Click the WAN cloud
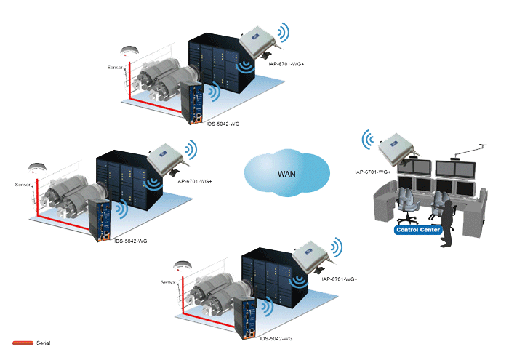click(x=287, y=173)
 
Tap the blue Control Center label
click(x=418, y=230)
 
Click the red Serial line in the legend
click(x=23, y=343)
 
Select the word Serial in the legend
click(x=44, y=343)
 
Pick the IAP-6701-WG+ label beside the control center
click(x=372, y=172)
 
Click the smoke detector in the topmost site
click(x=129, y=51)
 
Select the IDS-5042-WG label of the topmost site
click(x=223, y=124)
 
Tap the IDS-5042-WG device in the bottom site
click(x=249, y=318)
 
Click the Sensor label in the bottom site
click(x=168, y=282)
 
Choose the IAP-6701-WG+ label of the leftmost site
click(x=194, y=182)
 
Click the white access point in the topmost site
click(x=258, y=42)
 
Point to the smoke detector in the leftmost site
click(x=37, y=168)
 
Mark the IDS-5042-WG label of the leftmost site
click(x=130, y=241)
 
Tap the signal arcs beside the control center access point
click(x=367, y=140)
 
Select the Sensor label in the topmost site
click(x=115, y=68)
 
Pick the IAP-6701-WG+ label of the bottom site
click(x=340, y=279)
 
